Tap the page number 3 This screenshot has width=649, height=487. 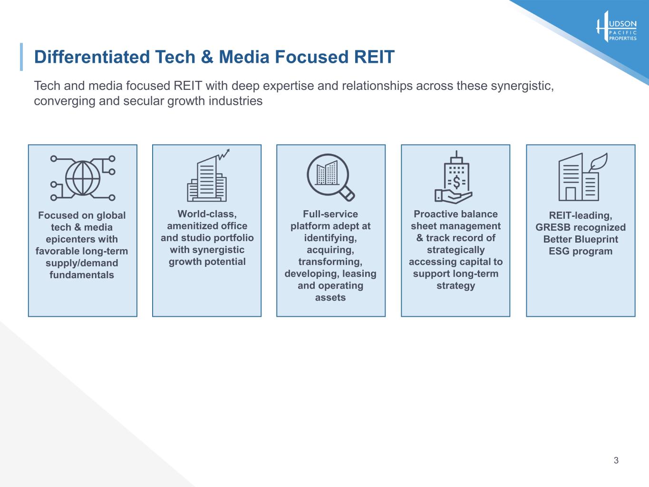coord(616,460)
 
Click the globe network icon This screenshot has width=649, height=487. coord(83,178)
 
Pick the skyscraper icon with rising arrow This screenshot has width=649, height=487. coord(208,175)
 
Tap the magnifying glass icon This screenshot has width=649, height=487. coord(330,177)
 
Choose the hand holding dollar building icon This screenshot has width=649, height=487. coord(453,177)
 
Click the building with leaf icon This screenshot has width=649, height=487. coord(583,177)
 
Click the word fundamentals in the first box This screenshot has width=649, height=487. coord(82,275)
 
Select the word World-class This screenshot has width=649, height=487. coord(207,214)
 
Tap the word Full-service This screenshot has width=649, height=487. coord(330,214)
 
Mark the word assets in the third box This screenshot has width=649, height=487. coord(330,297)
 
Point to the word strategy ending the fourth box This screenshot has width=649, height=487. coord(455,286)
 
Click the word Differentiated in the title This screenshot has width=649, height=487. coord(92,57)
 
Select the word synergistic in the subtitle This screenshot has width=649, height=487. coord(522,86)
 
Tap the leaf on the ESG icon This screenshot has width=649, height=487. coord(599,161)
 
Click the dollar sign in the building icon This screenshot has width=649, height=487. coord(456,182)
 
